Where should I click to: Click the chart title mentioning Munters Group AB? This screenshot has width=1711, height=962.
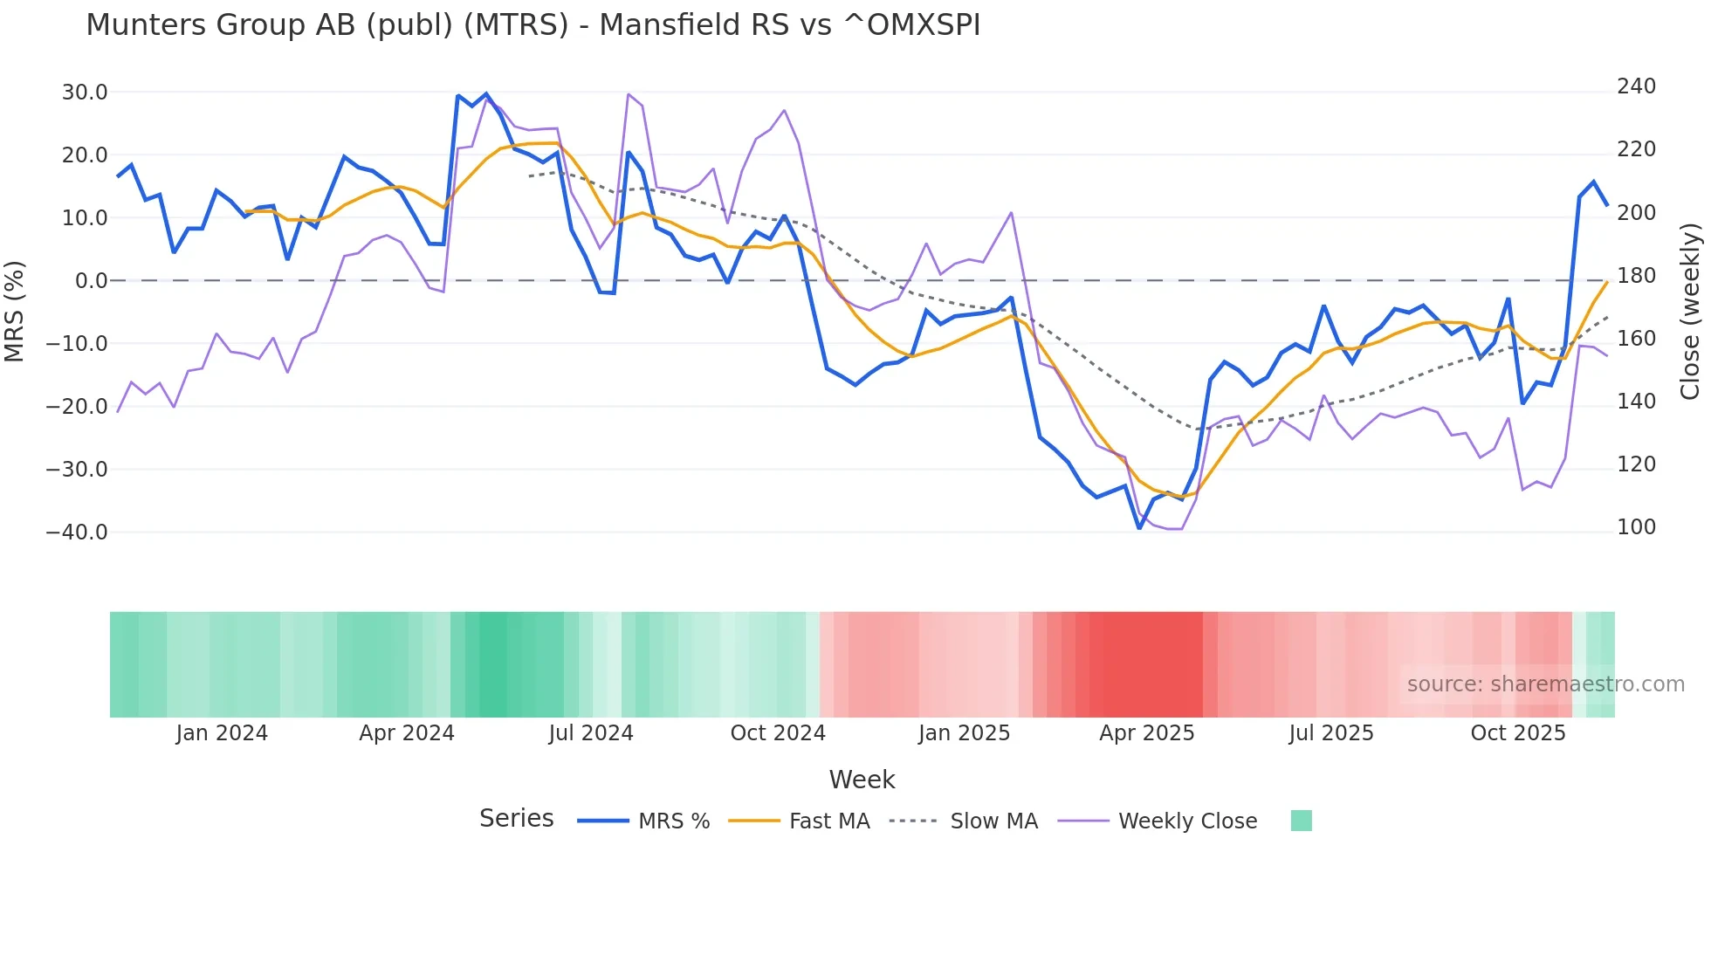pyautogui.click(x=533, y=25)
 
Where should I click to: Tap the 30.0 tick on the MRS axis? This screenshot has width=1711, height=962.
pyautogui.click(x=85, y=93)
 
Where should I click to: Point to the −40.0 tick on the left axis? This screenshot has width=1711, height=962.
pyautogui.click(x=77, y=533)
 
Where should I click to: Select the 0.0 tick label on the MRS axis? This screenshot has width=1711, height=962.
pyautogui.click(x=92, y=281)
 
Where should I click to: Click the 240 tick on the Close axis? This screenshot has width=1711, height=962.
pyautogui.click(x=1636, y=86)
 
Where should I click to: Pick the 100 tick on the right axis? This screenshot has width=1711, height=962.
pyautogui.click(x=1636, y=527)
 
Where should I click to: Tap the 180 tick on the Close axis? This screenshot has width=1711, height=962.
pyautogui.click(x=1636, y=276)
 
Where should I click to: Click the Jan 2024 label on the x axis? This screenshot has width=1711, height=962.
pyautogui.click(x=222, y=733)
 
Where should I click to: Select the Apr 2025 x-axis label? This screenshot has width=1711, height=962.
pyautogui.click(x=1146, y=733)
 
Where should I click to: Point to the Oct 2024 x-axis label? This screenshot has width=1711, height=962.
pyautogui.click(x=778, y=733)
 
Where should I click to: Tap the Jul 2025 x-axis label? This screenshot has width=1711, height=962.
pyautogui.click(x=1330, y=733)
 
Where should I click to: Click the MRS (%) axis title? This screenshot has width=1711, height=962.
pyautogui.click(x=15, y=312)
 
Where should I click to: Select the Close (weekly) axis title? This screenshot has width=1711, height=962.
pyautogui.click(x=1691, y=312)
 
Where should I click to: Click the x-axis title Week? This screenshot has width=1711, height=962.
pyautogui.click(x=862, y=780)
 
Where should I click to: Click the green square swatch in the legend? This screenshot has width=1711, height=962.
pyautogui.click(x=1301, y=821)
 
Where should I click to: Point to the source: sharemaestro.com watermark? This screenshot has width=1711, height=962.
pyautogui.click(x=1545, y=684)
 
